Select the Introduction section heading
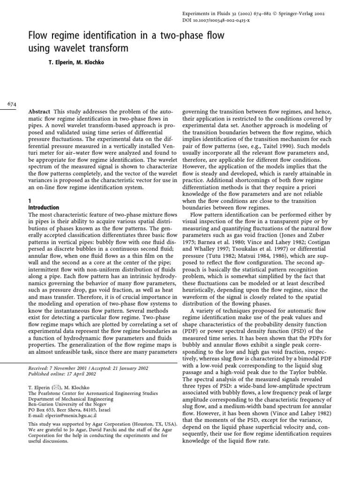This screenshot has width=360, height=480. tap(44, 207)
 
